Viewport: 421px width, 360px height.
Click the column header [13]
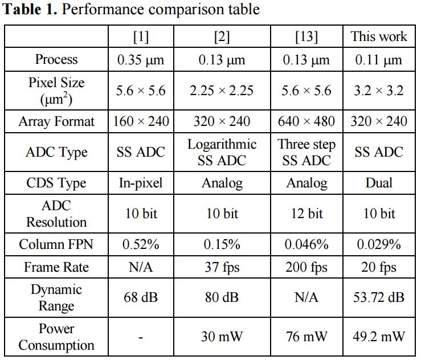click(306, 37)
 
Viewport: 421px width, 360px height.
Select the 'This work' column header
click(379, 37)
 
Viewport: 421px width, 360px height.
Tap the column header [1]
click(141, 37)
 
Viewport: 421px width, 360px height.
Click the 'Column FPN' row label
click(56, 244)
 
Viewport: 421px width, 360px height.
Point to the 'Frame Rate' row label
click(56, 267)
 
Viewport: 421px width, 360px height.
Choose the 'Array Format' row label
click(56, 121)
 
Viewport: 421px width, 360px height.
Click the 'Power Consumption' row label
click(56, 337)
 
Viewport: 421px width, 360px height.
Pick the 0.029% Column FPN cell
click(379, 244)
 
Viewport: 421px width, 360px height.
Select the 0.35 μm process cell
click(141, 60)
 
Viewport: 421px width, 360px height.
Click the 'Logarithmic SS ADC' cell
click(222, 152)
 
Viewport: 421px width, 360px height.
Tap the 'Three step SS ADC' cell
click(306, 152)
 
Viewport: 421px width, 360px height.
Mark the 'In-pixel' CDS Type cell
click(141, 183)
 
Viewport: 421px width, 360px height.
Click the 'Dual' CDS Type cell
click(379, 183)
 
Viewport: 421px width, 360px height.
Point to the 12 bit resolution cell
click(306, 214)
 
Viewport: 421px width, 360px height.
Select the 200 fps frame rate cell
click(306, 267)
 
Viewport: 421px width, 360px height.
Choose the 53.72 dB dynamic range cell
click(379, 298)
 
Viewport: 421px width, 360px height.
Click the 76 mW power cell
click(306, 337)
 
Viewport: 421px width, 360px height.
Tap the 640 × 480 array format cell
click(306, 121)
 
